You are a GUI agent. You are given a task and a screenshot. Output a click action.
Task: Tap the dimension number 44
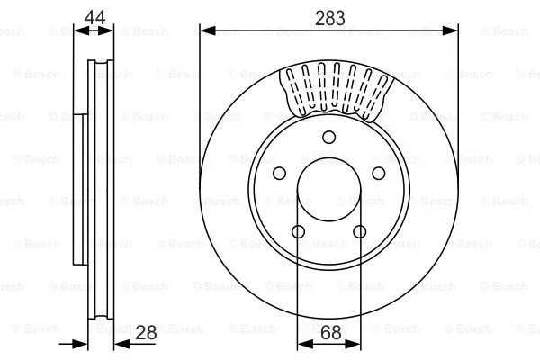click(93, 15)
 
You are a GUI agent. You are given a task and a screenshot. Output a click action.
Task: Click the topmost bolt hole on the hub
click(329, 137)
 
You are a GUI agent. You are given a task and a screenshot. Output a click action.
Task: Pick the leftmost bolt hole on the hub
click(279, 173)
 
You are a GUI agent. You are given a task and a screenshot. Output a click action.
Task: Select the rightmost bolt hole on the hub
click(379, 173)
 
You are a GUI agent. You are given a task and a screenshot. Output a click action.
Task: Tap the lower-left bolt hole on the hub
click(298, 232)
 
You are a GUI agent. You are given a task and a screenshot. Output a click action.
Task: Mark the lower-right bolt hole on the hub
click(360, 232)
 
